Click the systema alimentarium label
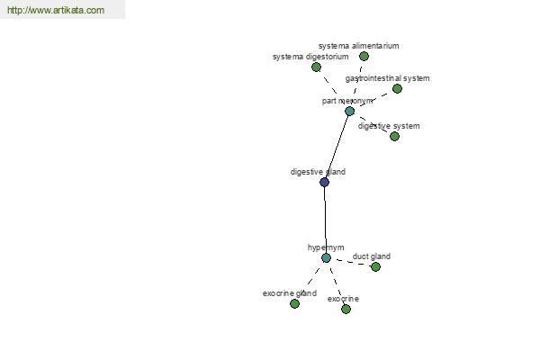(358, 45)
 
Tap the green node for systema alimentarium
(364, 56)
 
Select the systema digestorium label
(310, 57)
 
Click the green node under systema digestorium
(316, 67)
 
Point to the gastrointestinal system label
(387, 78)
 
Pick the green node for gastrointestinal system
(397, 88)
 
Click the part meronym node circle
(349, 112)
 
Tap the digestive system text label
(389, 126)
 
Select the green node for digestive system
(394, 137)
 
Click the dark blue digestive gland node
(324, 182)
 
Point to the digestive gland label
(318, 171)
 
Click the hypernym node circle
(326, 258)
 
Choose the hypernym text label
(326, 247)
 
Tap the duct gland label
(371, 256)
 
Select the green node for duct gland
(375, 266)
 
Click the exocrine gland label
(290, 293)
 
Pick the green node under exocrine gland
(294, 303)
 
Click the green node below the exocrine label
(346, 309)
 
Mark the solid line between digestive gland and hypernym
(325, 220)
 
